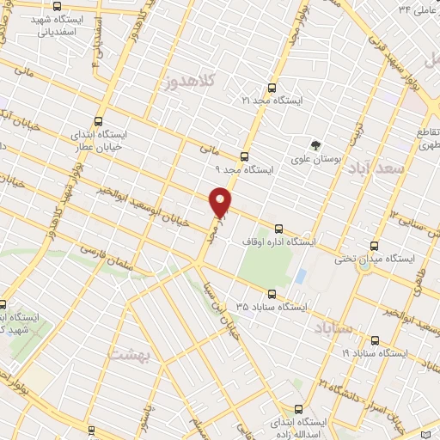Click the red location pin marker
click(x=221, y=203)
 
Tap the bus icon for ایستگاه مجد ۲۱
click(x=272, y=88)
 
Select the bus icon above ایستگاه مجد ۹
click(x=245, y=156)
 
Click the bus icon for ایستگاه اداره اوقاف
click(x=278, y=229)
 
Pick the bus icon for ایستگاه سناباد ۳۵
click(x=273, y=292)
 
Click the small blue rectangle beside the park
click(x=300, y=277)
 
